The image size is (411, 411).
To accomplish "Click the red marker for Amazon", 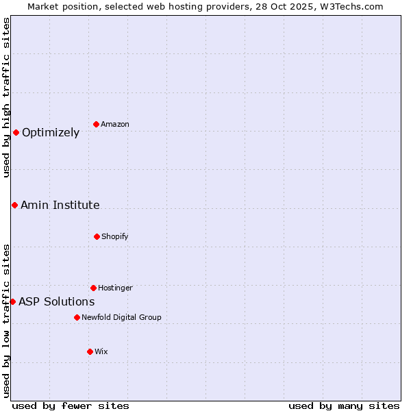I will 97,124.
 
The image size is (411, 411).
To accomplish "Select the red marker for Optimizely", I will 16,132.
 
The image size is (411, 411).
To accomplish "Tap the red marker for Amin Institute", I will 14,205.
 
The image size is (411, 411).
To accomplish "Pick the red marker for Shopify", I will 97,236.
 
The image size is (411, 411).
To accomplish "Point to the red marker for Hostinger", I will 93,288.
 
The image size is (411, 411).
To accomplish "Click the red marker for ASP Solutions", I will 12,301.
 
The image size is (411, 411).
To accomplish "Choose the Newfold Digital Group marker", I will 77,317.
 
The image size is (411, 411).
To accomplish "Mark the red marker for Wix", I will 90,351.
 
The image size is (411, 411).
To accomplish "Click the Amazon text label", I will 115,124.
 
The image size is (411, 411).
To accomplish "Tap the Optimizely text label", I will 51,133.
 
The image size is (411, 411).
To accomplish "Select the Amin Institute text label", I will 60,206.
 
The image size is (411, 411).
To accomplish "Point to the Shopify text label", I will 115,236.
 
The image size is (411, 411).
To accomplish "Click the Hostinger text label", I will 115,288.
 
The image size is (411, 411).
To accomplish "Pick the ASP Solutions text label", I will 57,302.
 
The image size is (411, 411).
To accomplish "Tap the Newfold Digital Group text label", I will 121,317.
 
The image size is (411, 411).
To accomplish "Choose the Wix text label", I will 101,351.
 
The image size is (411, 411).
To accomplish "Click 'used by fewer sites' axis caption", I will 71,406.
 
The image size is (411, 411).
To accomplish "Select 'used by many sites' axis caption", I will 344,406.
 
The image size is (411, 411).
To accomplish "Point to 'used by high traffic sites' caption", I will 6,97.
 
